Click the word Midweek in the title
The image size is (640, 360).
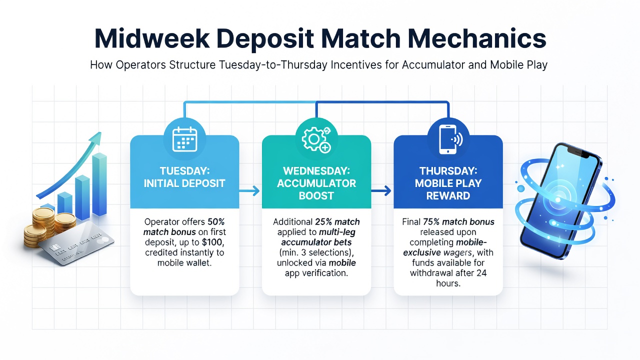coord(152,38)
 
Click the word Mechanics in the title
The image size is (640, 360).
coord(477,38)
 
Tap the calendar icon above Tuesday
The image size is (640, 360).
coord(185,139)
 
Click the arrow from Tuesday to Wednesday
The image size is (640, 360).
coord(249,190)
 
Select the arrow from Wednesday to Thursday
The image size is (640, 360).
coord(381,190)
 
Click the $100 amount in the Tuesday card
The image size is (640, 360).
coord(212,242)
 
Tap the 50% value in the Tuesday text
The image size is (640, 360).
coord(216,221)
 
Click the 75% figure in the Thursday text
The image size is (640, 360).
coord(431,221)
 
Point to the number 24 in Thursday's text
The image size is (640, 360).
coord(481,273)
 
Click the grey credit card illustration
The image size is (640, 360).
coord(76,243)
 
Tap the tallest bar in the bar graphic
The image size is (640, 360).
coord(99,184)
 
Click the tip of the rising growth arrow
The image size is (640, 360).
coord(100,132)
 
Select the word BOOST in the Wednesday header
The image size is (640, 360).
coord(316,195)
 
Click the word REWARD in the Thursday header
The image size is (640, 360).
coord(448,195)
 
